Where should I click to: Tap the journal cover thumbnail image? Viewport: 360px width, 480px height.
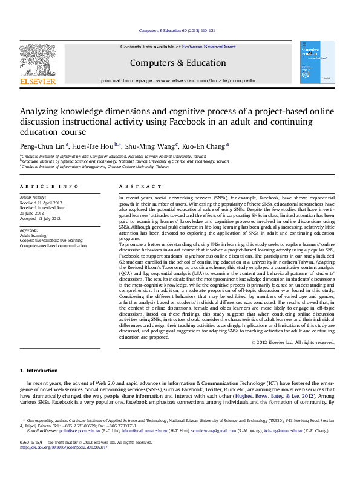(317, 62)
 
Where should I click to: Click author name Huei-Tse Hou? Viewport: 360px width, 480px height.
(96, 146)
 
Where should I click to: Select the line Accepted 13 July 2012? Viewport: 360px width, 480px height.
(41, 218)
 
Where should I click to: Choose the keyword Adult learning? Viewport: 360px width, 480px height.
(33, 235)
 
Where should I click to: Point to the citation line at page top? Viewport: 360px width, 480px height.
(178, 30)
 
